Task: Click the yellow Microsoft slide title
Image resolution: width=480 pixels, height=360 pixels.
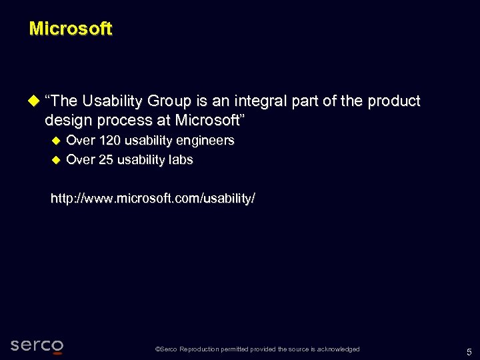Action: coord(71,29)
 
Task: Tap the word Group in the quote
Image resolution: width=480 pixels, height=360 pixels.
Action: coord(170,101)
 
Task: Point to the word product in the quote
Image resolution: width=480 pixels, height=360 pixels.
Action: coord(393,101)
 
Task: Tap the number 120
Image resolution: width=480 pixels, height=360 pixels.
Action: coord(111,141)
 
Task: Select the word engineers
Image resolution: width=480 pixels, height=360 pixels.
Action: coord(206,141)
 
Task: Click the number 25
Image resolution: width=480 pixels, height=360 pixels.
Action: coord(107,160)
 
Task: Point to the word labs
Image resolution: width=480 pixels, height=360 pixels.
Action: coord(180,160)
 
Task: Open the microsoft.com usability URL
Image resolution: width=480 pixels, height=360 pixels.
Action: coord(153,199)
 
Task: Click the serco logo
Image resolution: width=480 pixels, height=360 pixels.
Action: coord(37,346)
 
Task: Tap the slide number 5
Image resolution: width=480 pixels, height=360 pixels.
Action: coord(469,351)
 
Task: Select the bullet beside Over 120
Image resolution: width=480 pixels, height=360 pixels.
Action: coord(57,141)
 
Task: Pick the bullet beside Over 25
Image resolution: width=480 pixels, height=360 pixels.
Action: coord(57,160)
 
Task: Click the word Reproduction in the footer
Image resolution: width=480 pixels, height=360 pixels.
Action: coord(201,349)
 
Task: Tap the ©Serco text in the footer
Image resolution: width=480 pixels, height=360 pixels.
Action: coord(166,349)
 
